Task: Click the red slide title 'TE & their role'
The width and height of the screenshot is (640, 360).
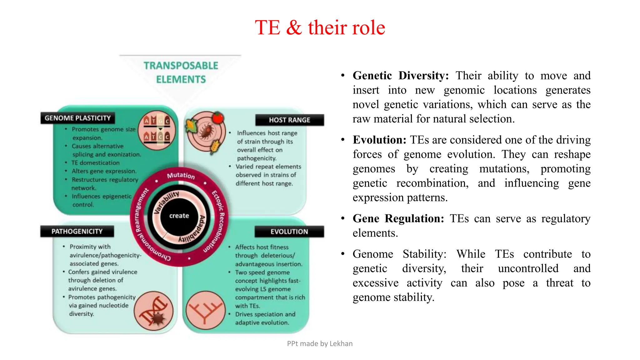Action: click(320, 27)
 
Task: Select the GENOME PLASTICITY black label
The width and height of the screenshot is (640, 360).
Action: click(77, 118)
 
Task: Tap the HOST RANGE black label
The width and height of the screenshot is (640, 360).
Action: click(289, 120)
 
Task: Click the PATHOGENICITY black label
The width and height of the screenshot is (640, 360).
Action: click(77, 231)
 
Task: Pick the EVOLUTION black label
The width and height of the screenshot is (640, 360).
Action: click(289, 232)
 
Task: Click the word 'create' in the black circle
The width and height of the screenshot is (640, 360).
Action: click(179, 216)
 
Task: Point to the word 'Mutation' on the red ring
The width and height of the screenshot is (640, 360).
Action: click(181, 175)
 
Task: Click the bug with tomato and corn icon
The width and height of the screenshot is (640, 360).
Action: click(205, 132)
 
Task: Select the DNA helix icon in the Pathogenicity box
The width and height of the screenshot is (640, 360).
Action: click(153, 311)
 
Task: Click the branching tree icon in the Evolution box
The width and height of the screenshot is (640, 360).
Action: click(205, 311)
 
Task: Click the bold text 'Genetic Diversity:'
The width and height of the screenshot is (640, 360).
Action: click(401, 76)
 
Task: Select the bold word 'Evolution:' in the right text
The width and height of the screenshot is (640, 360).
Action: click(379, 140)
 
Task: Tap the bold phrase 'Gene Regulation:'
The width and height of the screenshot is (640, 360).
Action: click(398, 218)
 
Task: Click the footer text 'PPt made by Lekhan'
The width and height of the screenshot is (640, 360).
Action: click(320, 343)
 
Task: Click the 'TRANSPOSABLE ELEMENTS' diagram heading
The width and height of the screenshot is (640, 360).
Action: click(181, 72)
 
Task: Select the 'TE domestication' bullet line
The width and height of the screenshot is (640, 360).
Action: click(95, 163)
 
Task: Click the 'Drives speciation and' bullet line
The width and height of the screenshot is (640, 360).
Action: click(265, 314)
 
